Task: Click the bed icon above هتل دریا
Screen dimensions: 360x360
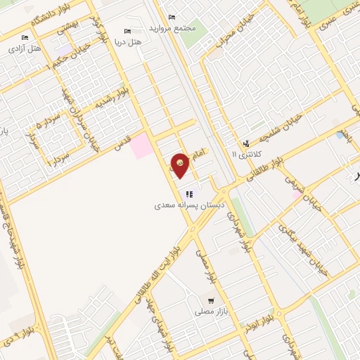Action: point(127,31)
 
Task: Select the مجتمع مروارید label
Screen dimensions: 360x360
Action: point(171,29)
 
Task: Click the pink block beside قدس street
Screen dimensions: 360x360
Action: point(142,145)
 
